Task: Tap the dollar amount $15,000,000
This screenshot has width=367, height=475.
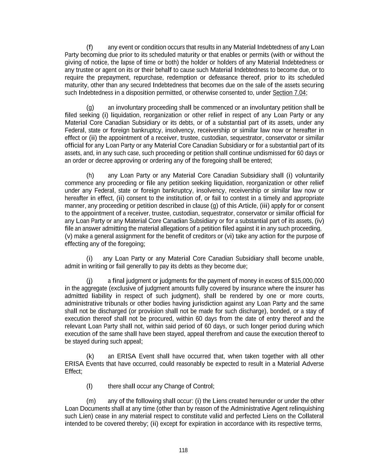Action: click(308, 281)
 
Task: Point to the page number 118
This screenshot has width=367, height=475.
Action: click(183, 450)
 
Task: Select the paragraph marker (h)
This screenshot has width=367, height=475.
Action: click(90, 175)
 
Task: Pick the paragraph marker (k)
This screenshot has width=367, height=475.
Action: click(90, 356)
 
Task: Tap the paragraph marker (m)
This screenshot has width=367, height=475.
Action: click(91, 401)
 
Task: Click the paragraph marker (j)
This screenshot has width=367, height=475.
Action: click(90, 281)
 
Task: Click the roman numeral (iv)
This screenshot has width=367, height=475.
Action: click(319, 221)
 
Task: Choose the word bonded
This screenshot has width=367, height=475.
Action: click(265, 311)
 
